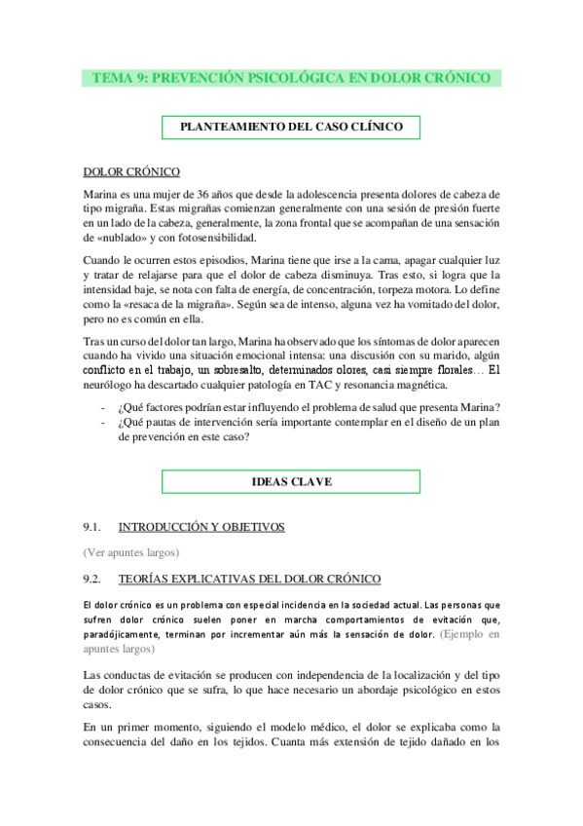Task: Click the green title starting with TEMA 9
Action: (291, 78)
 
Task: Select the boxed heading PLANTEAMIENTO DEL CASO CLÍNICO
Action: (291, 127)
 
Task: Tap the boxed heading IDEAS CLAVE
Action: (291, 481)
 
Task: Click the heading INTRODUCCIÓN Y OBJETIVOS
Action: (201, 527)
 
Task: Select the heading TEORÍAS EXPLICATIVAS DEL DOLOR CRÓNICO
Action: (249, 579)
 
